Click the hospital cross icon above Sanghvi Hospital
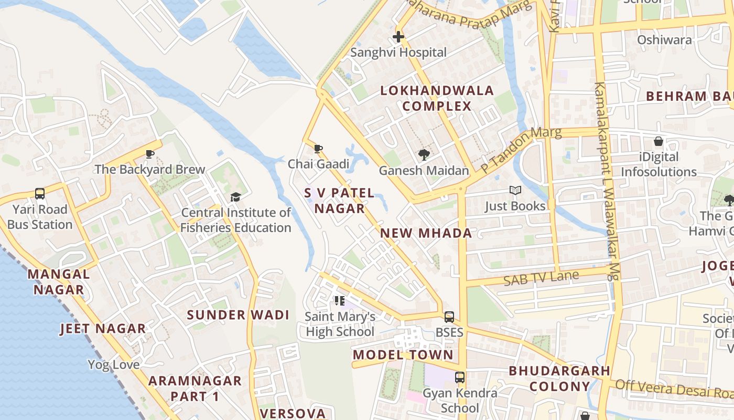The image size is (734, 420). click(398, 37)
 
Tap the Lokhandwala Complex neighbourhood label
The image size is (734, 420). click(437, 98)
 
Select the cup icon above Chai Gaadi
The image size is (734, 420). click(318, 149)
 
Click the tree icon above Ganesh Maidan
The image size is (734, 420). click(424, 155)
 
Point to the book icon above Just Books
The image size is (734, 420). click(515, 191)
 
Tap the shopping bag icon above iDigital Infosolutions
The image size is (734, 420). click(659, 141)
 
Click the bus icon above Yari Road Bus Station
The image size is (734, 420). click(40, 193)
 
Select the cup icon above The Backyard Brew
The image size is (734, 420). click(150, 154)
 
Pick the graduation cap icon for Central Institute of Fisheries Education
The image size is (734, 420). click(235, 197)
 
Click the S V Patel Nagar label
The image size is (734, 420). click(339, 201)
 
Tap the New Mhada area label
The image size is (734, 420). click(426, 233)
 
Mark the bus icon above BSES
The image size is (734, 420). click(449, 317)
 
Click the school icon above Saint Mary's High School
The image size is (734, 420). click(340, 301)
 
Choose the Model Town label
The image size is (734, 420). click(403, 354)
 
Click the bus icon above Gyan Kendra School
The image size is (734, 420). click(460, 377)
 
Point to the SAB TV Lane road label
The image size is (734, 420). click(541, 278)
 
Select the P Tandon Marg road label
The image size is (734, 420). click(521, 150)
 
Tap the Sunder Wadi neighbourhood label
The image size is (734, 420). click(238, 315)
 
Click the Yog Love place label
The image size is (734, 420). click(113, 364)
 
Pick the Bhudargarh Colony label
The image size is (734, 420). click(559, 379)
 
